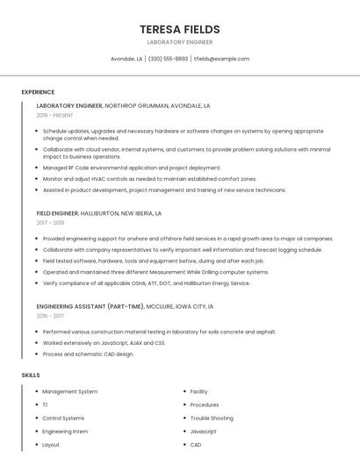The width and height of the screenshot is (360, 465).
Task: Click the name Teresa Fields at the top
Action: pyautogui.click(x=179, y=29)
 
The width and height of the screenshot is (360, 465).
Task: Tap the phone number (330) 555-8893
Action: pyautogui.click(x=168, y=59)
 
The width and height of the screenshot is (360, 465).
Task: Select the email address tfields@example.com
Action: pyautogui.click(x=222, y=59)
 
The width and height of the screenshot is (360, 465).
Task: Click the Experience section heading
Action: pyautogui.click(x=38, y=92)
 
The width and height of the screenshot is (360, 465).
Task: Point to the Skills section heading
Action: pyautogui.click(x=31, y=375)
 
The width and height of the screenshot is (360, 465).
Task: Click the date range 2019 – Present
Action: pyautogui.click(x=54, y=115)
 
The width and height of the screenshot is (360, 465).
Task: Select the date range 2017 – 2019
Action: pyautogui.click(x=50, y=223)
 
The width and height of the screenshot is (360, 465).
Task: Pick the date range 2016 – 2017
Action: pyautogui.click(x=50, y=316)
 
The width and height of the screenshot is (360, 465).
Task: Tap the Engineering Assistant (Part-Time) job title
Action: pyautogui.click(x=125, y=306)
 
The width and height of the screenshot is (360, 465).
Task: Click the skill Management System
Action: pyautogui.click(x=70, y=391)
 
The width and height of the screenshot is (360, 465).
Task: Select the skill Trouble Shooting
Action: pyautogui.click(x=212, y=418)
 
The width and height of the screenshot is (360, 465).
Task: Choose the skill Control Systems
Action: pyautogui.click(x=63, y=418)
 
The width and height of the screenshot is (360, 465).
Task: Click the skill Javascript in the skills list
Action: pyautogui.click(x=203, y=431)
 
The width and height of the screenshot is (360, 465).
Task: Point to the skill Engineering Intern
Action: pyautogui.click(x=65, y=431)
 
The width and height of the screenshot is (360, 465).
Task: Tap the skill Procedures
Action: pyautogui.click(x=205, y=404)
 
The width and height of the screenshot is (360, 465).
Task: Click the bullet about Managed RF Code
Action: pyautogui.click(x=132, y=168)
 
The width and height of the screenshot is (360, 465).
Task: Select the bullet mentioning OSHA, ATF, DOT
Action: pyautogui.click(x=146, y=283)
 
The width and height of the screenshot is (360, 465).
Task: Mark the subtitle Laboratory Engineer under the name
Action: pyautogui.click(x=179, y=42)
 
